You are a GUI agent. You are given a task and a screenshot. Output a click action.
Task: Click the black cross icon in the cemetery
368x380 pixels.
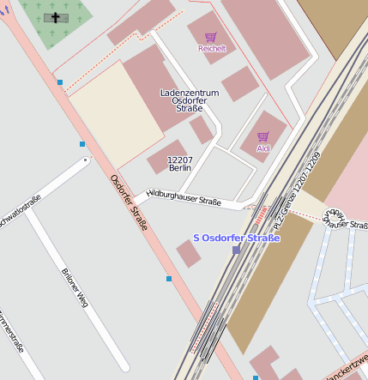[57, 17]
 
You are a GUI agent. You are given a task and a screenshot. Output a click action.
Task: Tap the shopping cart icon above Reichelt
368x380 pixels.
[211, 37]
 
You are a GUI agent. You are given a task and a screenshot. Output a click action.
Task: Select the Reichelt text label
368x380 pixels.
[212, 49]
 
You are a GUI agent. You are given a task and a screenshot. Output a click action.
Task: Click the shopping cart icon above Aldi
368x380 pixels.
[262, 136]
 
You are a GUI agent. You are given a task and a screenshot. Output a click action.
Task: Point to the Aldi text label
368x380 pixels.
[262, 148]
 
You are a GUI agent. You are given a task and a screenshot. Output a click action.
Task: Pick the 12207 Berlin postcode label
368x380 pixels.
[179, 164]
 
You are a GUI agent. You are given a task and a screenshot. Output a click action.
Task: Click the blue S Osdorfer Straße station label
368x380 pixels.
[237, 238]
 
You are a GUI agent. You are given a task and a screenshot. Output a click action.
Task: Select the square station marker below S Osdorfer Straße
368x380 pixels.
[237, 250]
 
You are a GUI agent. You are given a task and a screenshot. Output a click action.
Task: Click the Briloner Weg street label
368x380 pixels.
[75, 287]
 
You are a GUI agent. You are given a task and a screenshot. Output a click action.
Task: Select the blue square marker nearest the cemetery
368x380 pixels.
[60, 82]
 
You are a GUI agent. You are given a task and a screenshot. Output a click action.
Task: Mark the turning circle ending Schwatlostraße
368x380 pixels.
[85, 160]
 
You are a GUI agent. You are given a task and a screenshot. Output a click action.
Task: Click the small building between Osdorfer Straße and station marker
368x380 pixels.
[189, 253]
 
